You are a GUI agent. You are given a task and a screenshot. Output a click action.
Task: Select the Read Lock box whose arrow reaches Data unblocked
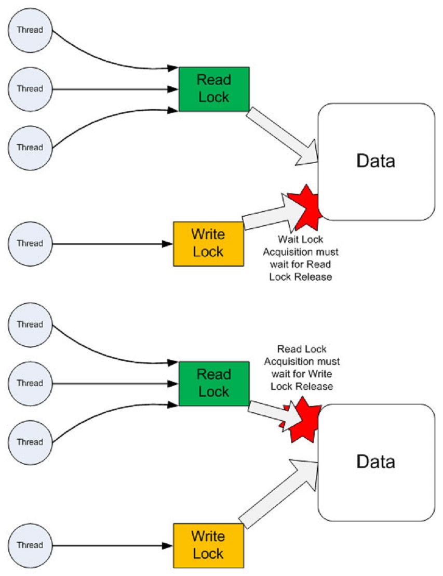pos(214,89)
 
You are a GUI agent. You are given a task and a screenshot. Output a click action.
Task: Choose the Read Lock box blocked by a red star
pos(214,384)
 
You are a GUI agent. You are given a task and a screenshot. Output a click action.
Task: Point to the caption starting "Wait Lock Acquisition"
pos(301,258)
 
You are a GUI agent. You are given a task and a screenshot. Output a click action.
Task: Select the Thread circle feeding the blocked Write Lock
pos(30,243)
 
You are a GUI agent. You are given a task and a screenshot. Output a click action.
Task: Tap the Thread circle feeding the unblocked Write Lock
pos(30,545)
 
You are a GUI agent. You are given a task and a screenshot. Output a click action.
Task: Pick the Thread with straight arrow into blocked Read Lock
pos(30,384)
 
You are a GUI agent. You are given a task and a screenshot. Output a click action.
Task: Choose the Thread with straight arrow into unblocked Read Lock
pos(30,89)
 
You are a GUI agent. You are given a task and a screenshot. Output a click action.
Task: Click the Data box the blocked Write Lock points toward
pos(375,161)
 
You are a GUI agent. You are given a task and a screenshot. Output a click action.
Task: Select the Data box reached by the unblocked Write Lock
pos(375,462)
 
